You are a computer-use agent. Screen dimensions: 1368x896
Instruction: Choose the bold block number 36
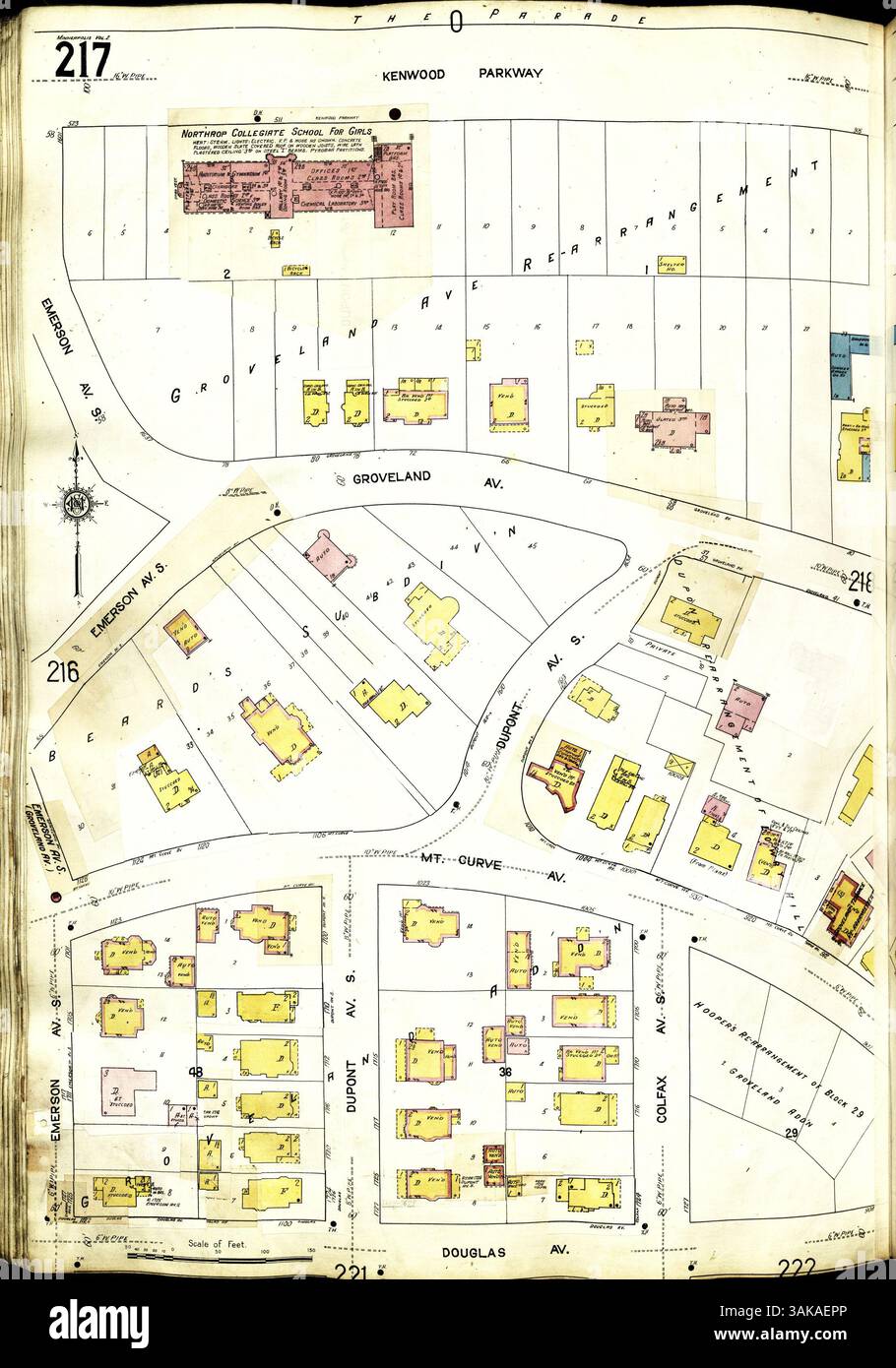[505, 1072]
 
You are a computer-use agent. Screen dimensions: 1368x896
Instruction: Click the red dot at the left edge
[55, 898]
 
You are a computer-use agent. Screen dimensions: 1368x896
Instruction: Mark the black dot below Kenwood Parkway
[396, 113]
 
